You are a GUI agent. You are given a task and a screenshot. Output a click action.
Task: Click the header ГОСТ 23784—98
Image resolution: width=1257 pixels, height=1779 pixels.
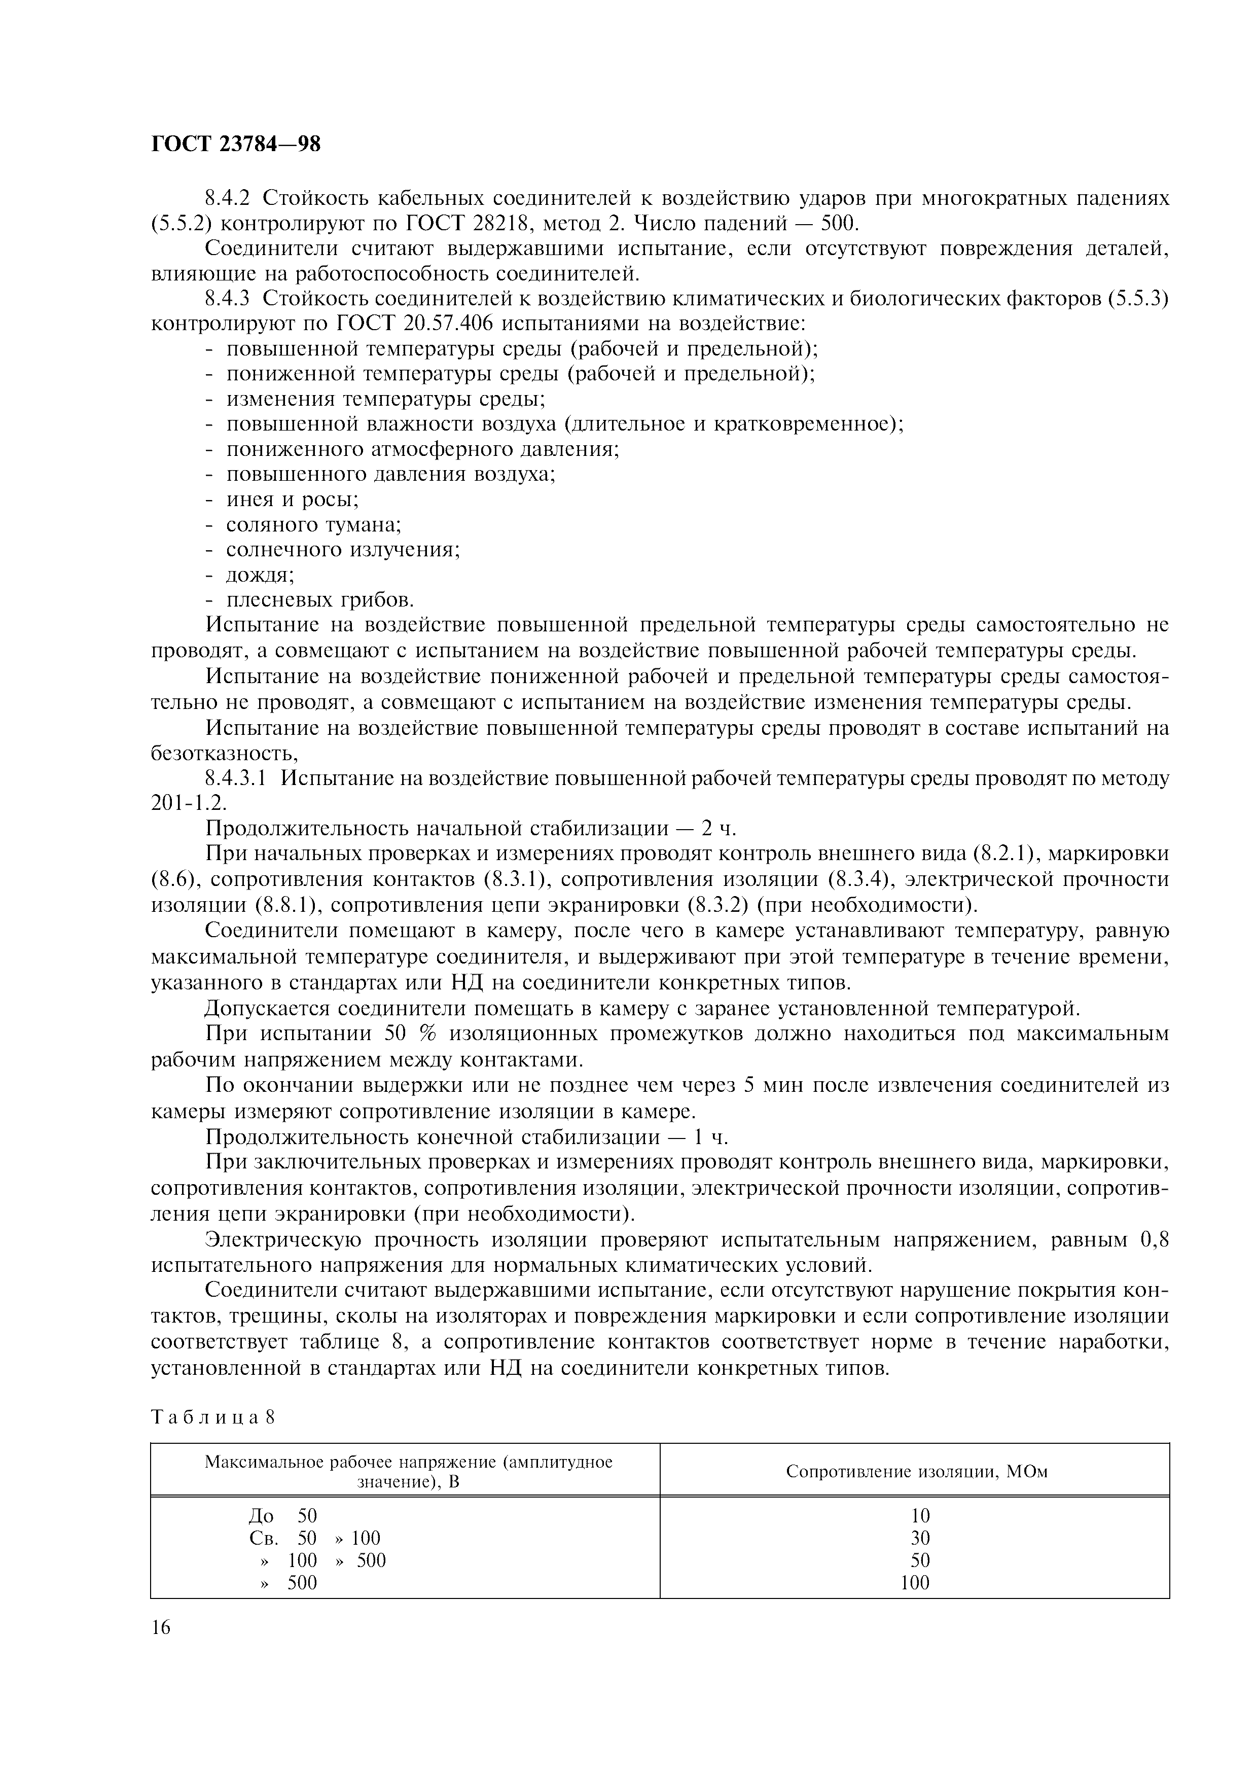point(235,144)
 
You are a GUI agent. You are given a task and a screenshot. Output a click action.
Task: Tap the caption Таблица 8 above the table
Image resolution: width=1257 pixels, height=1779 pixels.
point(213,1416)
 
